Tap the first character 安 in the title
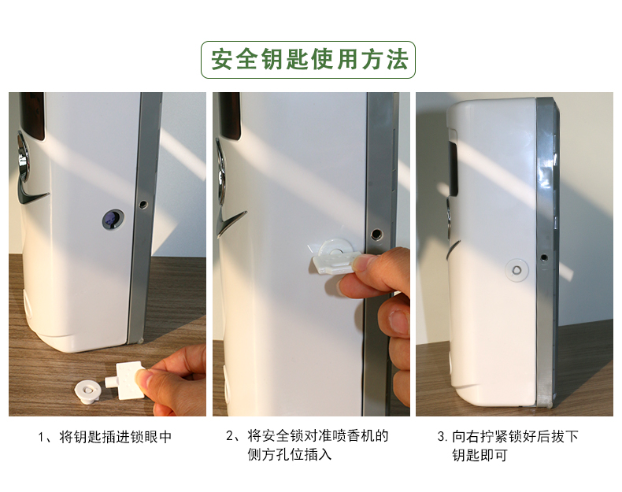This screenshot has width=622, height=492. (x=222, y=60)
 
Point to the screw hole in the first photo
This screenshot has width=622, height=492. (x=142, y=204)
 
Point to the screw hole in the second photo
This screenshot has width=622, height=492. (x=376, y=234)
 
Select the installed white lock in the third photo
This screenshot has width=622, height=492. (x=516, y=270)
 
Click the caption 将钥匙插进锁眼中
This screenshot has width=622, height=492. (x=115, y=437)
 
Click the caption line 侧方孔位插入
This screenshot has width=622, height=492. (x=290, y=455)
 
